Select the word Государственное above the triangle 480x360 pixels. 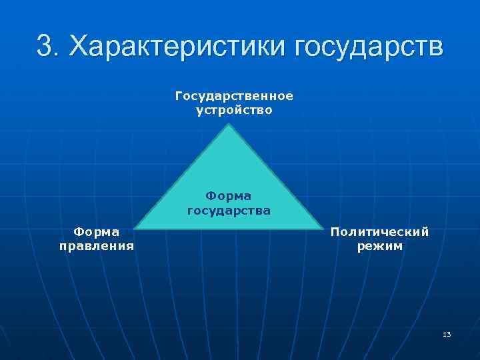pos(234,96)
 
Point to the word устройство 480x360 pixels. pos(234,110)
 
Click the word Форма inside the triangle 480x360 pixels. pos(228,196)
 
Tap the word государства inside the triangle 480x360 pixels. pos(228,211)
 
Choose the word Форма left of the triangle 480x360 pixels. pos(97,231)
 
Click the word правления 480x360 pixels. pos(97,246)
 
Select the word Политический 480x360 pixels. pos(379,231)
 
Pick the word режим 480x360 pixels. pos(379,246)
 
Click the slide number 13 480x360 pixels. pos(446,334)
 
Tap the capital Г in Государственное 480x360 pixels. pos(179,95)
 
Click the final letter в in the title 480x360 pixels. pos(433,48)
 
